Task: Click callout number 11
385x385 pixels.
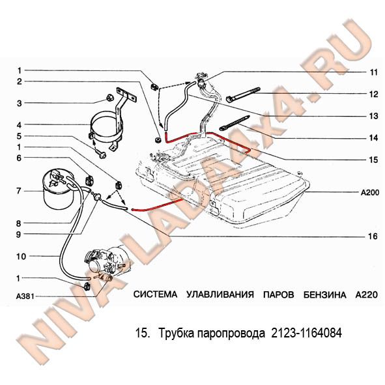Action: [374, 72]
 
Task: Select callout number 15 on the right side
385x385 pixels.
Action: [373, 160]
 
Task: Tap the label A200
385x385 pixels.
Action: [370, 193]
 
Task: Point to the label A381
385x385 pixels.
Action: [25, 296]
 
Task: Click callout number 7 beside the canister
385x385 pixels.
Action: [19, 191]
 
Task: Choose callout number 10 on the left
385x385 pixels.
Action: [21, 257]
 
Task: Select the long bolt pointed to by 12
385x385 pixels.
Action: [243, 94]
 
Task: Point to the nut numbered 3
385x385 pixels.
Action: [109, 98]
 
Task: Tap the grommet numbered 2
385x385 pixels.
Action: [157, 140]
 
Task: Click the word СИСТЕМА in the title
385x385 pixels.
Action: [155, 294]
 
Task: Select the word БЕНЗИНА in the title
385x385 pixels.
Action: [324, 294]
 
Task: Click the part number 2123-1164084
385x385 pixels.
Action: [306, 333]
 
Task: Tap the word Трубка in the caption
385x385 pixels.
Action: [177, 334]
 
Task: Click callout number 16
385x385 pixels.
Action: [373, 236]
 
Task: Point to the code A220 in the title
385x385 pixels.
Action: [366, 294]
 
